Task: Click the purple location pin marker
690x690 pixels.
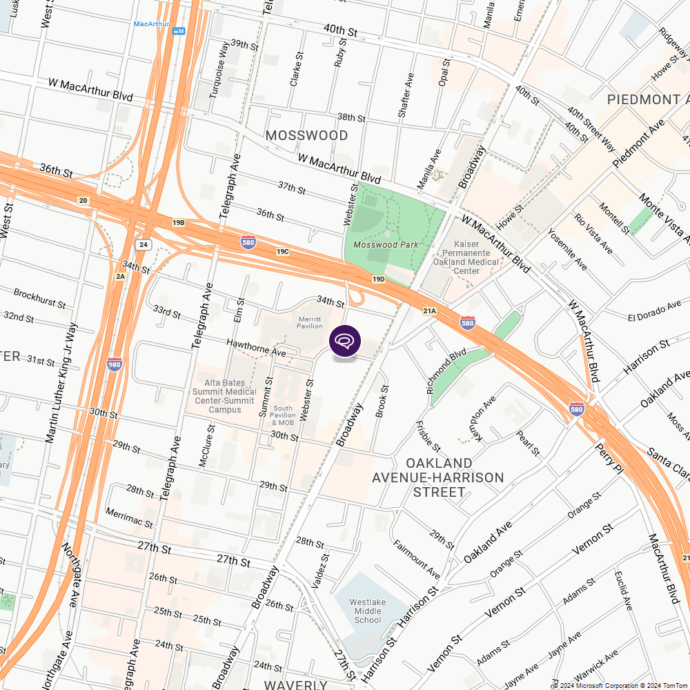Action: pyautogui.click(x=345, y=342)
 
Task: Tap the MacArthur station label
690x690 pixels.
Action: pyautogui.click(x=151, y=23)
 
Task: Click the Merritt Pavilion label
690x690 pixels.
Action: pyautogui.click(x=310, y=322)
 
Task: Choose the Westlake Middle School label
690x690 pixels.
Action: pyautogui.click(x=367, y=611)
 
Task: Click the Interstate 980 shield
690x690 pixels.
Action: pyautogui.click(x=115, y=364)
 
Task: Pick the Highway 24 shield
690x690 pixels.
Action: pyautogui.click(x=143, y=245)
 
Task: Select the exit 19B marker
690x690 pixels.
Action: pyautogui.click(x=179, y=223)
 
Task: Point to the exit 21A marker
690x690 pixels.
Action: pyautogui.click(x=430, y=311)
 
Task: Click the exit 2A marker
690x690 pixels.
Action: pyautogui.click(x=121, y=276)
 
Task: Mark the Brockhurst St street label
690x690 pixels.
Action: pyautogui.click(x=39, y=298)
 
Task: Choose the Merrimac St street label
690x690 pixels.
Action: pyautogui.click(x=129, y=517)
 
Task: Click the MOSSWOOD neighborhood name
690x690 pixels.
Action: pyautogui.click(x=306, y=135)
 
